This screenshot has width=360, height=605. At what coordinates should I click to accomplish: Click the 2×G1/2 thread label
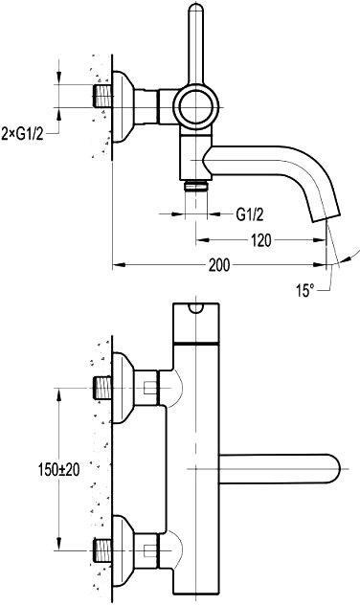pos(22,133)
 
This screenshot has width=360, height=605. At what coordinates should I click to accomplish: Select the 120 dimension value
pos(261,240)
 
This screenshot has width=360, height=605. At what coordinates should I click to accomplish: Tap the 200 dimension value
pos(219,265)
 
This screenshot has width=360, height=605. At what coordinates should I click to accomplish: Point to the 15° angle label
pos(304,290)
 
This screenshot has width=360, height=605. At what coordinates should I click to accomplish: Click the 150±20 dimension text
pos(58,470)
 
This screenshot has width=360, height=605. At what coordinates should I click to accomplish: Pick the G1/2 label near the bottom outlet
pos(250,214)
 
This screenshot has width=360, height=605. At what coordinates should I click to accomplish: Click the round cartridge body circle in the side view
pos(195,107)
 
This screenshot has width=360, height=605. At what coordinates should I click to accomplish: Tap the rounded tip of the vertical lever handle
pos(196,9)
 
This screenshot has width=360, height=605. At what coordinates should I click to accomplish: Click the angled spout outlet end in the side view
pos(326,217)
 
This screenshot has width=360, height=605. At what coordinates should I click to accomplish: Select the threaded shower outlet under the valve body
pos(196,187)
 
